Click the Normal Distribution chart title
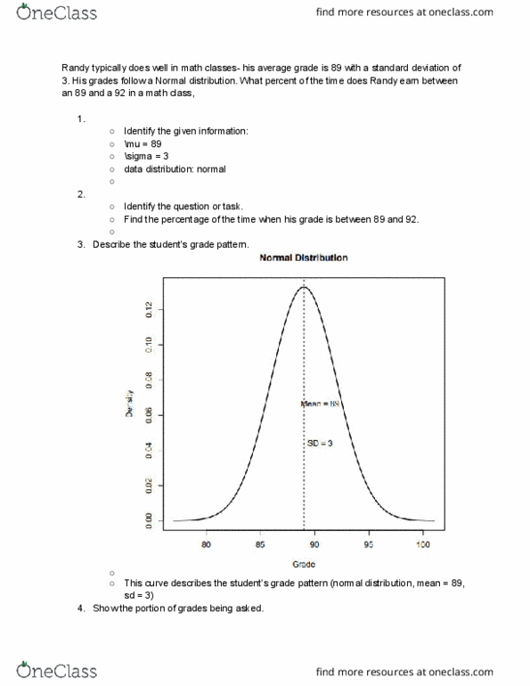click(303, 257)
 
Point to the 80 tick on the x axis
click(207, 543)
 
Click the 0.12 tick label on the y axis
click(149, 308)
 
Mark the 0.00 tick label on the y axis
click(149, 519)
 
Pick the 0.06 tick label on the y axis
click(149, 414)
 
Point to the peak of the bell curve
click(304, 287)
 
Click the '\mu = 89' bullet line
click(143, 143)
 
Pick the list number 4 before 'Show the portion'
click(80, 608)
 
